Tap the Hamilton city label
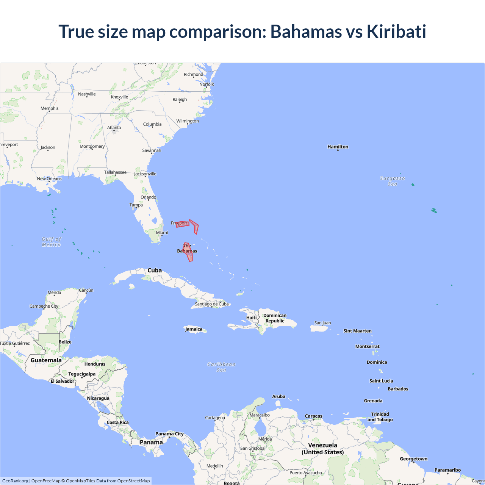tap(338, 147)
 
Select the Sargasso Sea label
tap(393, 181)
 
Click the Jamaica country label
tap(194, 329)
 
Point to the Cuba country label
tap(155, 271)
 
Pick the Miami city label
tap(162, 233)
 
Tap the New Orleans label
tap(49, 179)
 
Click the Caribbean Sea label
tap(221, 367)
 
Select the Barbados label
tap(398, 389)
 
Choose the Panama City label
tap(169, 434)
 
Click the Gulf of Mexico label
tap(51, 242)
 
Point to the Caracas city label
tap(313, 416)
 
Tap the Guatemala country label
tap(46, 360)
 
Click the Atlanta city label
tap(114, 128)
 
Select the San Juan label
tap(322, 323)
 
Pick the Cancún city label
tap(86, 290)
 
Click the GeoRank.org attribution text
tap(15, 481)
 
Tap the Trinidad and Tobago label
tap(380, 417)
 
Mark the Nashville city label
tap(87, 94)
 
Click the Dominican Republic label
tap(275, 318)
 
